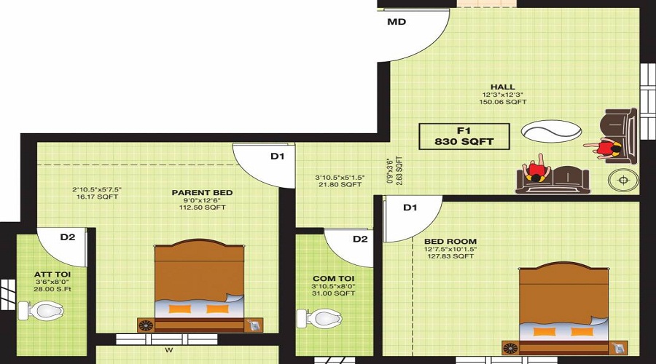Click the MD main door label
(x=397, y=22)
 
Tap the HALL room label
(x=502, y=87)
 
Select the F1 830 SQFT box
(x=464, y=136)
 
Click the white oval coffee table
(x=551, y=132)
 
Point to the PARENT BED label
(x=202, y=192)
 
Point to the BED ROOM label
(x=450, y=241)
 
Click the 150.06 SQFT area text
(x=502, y=103)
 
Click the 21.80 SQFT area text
(x=339, y=185)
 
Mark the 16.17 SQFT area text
(x=96, y=197)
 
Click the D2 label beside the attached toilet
(x=67, y=237)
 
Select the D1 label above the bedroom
(x=410, y=208)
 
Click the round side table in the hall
(x=623, y=179)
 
